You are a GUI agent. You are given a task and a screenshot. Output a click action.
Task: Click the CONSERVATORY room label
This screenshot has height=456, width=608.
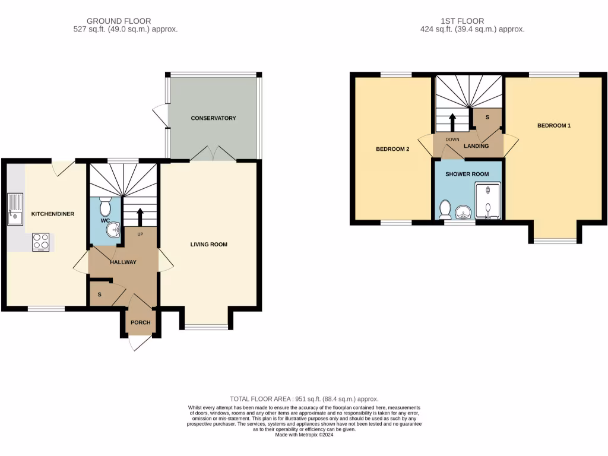coord(213,118)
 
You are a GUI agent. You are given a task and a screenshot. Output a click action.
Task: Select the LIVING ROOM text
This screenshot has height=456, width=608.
coord(208,245)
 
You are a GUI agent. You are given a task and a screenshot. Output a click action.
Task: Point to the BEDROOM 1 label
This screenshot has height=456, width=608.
coord(553,126)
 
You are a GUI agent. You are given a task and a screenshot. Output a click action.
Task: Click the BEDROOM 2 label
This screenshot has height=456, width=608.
coord(392,150)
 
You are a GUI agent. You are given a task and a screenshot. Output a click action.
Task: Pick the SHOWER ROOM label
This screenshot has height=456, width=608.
coord(467,175)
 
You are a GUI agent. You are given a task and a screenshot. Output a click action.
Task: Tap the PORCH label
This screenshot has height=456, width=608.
coord(141,323)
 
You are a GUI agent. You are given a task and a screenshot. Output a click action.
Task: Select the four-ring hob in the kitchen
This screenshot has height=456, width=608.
coord(41,241)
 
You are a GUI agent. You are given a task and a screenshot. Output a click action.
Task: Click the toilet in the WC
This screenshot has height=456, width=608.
coord(106,206)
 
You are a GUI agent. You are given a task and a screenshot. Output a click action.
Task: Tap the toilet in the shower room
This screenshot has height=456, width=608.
coord(444,209)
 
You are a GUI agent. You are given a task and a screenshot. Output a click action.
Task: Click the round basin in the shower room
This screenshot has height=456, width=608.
coord(463,212)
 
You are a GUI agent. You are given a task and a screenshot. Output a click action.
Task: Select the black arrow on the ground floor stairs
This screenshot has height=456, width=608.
coord(140,217)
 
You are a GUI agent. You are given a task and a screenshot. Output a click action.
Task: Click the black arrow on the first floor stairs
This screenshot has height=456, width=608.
coord(452,122)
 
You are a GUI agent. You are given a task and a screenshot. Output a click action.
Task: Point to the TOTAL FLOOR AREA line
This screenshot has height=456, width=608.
coord(304,399)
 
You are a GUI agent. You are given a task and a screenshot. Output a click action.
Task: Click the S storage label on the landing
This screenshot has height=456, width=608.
coord(487,118)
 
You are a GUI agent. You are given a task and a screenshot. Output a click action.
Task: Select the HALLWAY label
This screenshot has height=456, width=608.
coord(122,262)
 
